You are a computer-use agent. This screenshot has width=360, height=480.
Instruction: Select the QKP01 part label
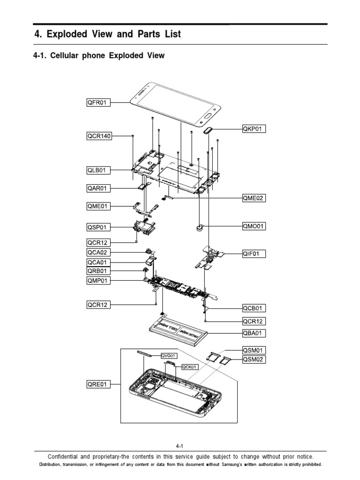pyautogui.click(x=254, y=128)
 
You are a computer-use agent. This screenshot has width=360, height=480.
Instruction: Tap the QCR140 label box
pyautogui.click(x=99, y=136)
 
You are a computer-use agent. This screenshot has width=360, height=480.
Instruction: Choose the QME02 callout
pyautogui.click(x=254, y=198)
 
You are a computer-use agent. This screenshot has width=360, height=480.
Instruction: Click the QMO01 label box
pyautogui.click(x=254, y=226)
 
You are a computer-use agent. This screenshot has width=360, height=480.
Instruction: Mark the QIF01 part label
pyautogui.click(x=254, y=254)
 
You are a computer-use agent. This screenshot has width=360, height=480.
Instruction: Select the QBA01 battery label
pyautogui.click(x=254, y=333)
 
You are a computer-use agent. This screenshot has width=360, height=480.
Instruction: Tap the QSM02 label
pyautogui.click(x=254, y=360)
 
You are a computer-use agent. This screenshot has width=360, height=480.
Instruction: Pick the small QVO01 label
pyautogui.click(x=170, y=356)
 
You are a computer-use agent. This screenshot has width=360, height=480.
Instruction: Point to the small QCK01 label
pyautogui.click(x=189, y=367)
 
